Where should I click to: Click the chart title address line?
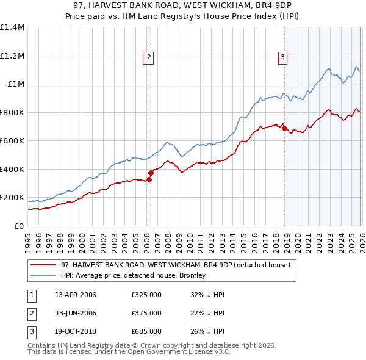pos(183,6)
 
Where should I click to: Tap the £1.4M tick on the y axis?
pos(12,27)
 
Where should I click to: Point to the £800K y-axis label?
pos(12,112)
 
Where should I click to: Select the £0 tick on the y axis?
pos(20,226)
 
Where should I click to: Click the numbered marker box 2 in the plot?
pos(149,58)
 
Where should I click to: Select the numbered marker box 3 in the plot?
pos(283,58)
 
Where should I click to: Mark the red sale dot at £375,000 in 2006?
pos(151,173)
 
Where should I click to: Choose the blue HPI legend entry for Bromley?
pos(134,275)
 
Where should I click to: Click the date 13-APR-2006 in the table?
pos(76,295)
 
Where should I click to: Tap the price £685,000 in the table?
pos(146,332)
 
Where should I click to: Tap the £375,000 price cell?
pos(146,314)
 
